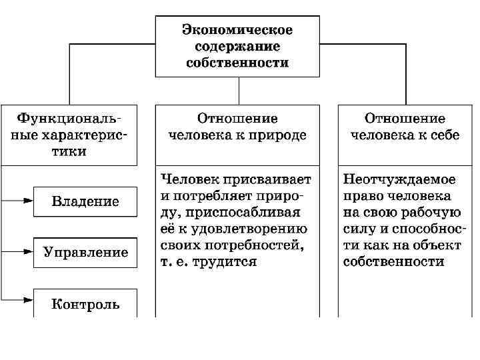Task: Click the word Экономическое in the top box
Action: point(238,31)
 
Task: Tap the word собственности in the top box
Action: point(238,64)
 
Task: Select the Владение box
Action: point(86,201)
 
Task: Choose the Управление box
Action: point(86,252)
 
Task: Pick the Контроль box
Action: point(86,304)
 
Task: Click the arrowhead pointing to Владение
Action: point(27,200)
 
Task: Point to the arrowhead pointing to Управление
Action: point(27,251)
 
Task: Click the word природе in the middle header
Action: point(279,135)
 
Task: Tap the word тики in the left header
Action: point(69,152)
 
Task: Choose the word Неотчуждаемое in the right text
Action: point(399,180)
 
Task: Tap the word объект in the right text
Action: point(439,246)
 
